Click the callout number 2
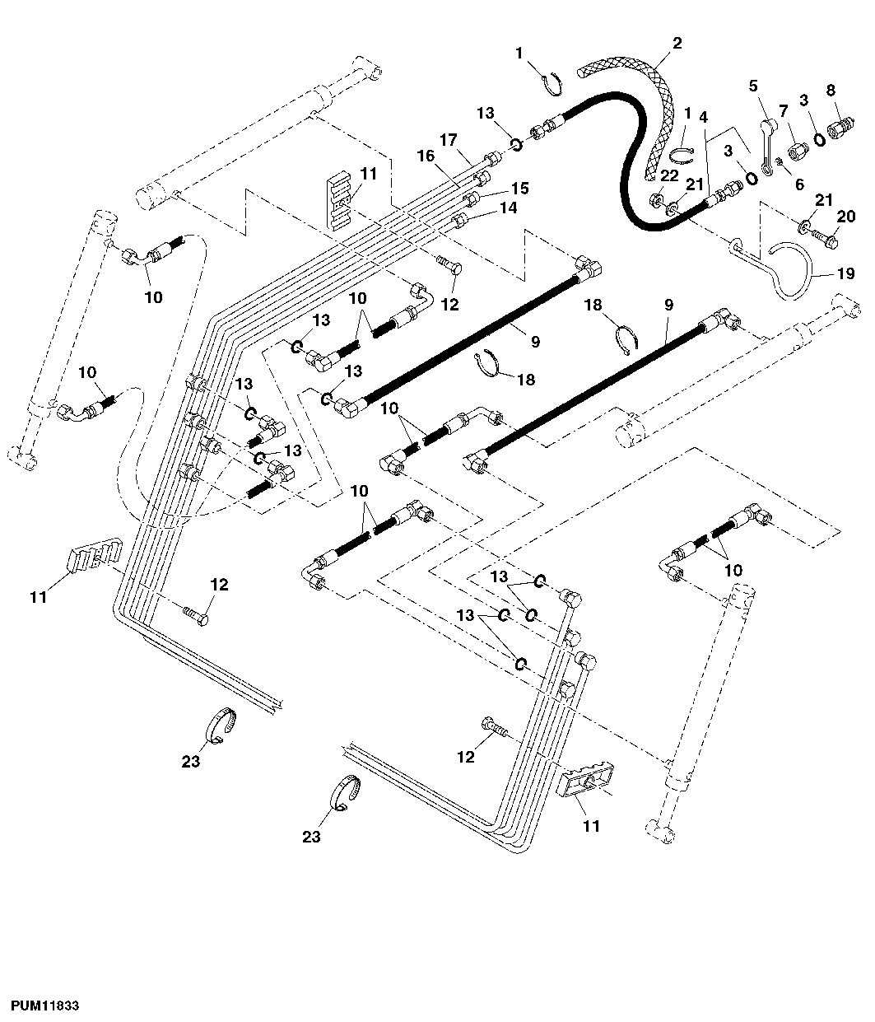(x=677, y=44)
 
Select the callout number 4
(x=703, y=117)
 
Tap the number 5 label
(x=752, y=85)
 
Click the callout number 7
(x=783, y=110)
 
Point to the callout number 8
(x=831, y=89)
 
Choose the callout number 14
(x=508, y=208)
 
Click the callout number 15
(x=519, y=188)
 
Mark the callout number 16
(x=425, y=156)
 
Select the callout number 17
(x=448, y=140)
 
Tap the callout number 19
(x=845, y=274)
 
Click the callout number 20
(x=846, y=217)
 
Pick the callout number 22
(x=668, y=175)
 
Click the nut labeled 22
(x=659, y=199)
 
